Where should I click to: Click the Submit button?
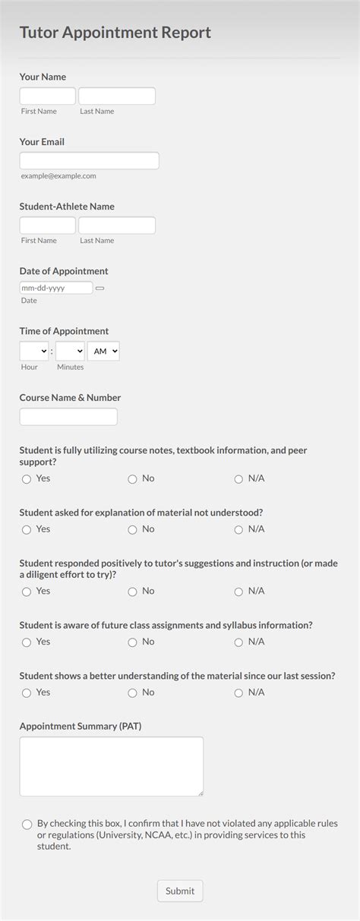tap(180, 891)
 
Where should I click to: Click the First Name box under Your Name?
tap(47, 96)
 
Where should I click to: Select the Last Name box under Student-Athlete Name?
tap(117, 226)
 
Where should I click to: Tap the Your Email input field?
tap(89, 160)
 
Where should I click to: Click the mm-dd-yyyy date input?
tap(55, 289)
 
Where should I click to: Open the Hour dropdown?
tap(34, 352)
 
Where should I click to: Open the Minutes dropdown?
tap(70, 352)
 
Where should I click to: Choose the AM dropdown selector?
tap(103, 352)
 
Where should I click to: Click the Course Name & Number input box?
tap(68, 417)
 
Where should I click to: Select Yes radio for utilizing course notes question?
tap(27, 479)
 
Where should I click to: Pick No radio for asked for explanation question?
tap(132, 529)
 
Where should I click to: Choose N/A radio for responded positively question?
tap(238, 591)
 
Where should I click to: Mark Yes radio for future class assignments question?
tap(27, 642)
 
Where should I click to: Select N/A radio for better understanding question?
tap(238, 693)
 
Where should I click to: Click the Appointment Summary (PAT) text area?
tap(111, 766)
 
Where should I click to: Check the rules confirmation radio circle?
tap(27, 824)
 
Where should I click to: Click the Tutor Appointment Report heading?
tap(115, 33)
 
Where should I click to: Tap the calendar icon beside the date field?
tap(99, 289)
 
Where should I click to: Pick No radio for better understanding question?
tap(132, 693)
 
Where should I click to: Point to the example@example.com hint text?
tap(58, 175)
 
